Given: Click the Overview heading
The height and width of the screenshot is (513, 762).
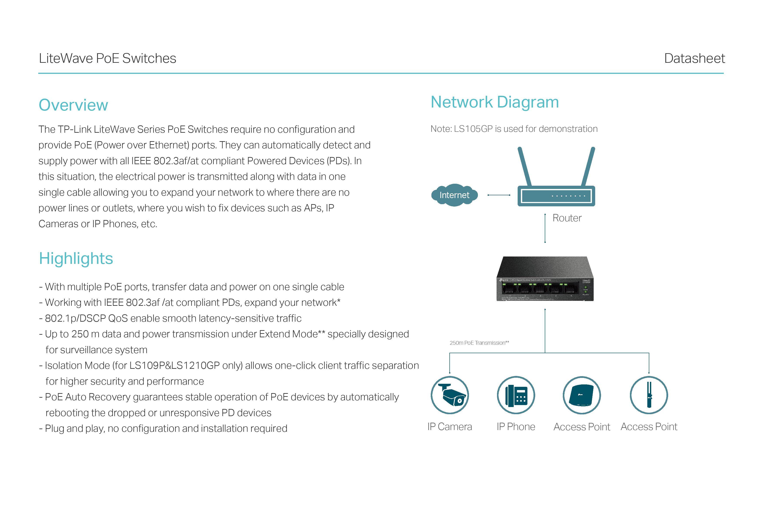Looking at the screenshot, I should pos(73,105).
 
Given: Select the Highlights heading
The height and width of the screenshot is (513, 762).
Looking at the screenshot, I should pos(76,258).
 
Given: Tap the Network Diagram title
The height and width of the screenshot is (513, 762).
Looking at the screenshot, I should pos(494,102).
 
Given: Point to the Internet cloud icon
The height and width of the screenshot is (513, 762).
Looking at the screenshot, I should pos(454,195).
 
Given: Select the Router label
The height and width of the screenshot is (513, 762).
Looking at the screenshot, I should pos(567,218).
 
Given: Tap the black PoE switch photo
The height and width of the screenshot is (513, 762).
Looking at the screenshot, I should pos(545,279).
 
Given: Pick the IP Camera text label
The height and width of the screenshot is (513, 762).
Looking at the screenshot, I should pos(450,427).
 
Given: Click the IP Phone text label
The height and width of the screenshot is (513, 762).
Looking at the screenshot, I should pos(516,427).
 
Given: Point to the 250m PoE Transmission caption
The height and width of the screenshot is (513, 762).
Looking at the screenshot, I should pos(479,343).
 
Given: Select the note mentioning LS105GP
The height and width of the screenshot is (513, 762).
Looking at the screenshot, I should pos(514,129).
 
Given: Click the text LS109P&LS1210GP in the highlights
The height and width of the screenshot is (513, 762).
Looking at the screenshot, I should pos(174,366).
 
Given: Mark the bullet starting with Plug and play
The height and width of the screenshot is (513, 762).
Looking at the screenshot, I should pos(163,429).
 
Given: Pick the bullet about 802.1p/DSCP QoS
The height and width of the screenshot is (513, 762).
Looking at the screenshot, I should pos(170,318).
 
